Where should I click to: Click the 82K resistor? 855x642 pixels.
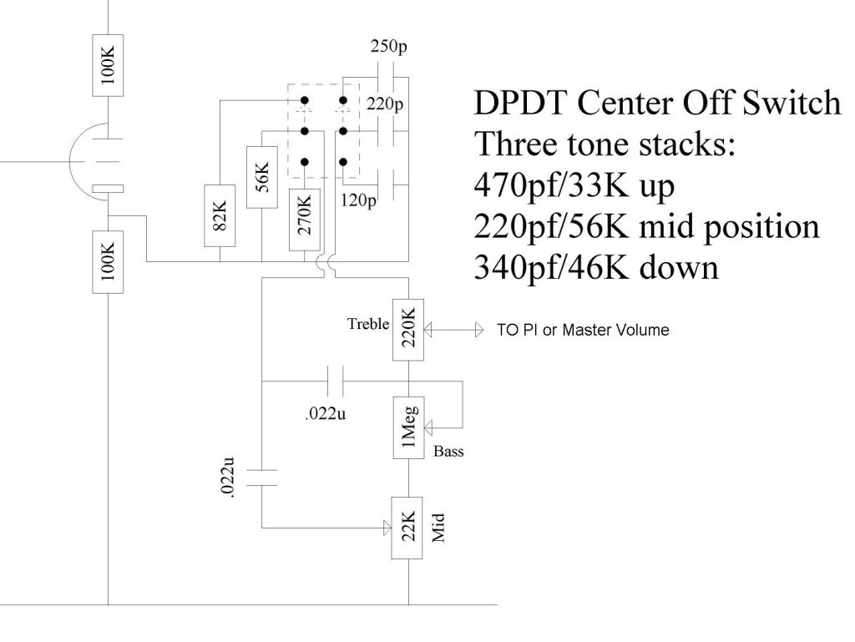click(219, 215)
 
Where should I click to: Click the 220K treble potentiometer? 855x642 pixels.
click(408, 331)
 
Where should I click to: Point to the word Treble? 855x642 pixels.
click(368, 324)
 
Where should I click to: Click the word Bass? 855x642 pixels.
click(448, 452)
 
